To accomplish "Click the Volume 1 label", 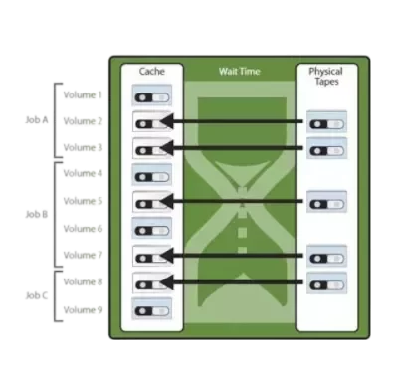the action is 83,95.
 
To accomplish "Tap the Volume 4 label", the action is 83,173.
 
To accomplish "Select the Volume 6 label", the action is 83,229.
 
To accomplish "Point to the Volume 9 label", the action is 83,310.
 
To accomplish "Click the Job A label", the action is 37,120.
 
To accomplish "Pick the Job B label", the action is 37,214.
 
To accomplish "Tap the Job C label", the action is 37,295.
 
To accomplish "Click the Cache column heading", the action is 152,71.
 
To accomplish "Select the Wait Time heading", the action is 239,71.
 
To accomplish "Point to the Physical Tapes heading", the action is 325,76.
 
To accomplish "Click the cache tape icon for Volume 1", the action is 152,95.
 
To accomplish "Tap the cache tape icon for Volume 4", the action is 152,174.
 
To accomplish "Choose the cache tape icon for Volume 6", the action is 152,228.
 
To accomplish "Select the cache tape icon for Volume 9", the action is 152,308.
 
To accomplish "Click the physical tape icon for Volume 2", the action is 326,121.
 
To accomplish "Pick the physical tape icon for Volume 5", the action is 326,202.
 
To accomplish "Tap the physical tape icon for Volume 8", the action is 326,282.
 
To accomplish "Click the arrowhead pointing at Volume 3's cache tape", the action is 167,148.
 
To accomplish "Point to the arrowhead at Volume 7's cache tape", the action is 167,256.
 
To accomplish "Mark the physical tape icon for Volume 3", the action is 326,148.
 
